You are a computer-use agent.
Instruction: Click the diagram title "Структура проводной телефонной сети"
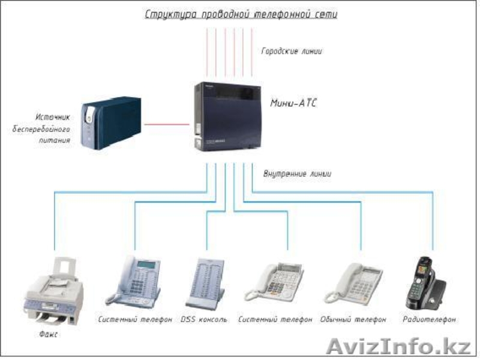(240, 13)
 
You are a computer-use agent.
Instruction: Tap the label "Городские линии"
(292, 51)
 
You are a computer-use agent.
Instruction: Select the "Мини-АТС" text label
(293, 103)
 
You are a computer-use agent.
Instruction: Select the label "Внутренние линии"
(297, 174)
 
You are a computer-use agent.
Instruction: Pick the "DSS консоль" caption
(204, 320)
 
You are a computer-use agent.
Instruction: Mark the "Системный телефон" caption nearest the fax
(135, 320)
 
